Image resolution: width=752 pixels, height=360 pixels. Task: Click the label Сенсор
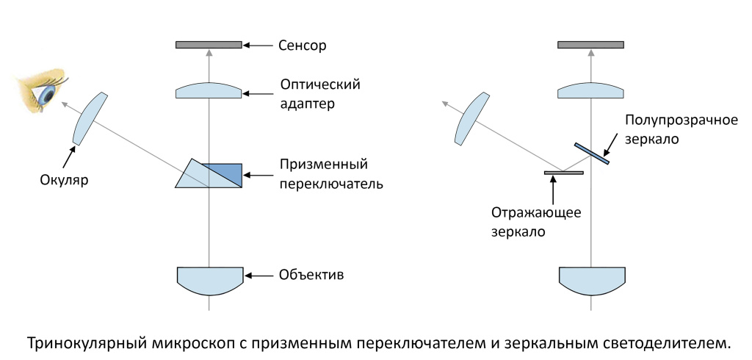[x=302, y=46]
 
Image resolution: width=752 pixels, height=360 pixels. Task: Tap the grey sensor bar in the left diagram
[x=209, y=46]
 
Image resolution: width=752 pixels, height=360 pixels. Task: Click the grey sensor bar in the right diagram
[x=590, y=46]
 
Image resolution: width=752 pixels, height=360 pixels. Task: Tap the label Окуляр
[x=64, y=179]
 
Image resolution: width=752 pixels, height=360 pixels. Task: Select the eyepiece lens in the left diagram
[x=91, y=118]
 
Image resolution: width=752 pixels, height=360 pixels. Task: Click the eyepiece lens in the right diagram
[x=472, y=118]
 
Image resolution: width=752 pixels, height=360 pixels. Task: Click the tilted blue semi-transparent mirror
[x=592, y=151]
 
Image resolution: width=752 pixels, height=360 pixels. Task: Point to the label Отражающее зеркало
[x=536, y=221]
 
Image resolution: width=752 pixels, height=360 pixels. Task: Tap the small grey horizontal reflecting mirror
[x=563, y=173]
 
